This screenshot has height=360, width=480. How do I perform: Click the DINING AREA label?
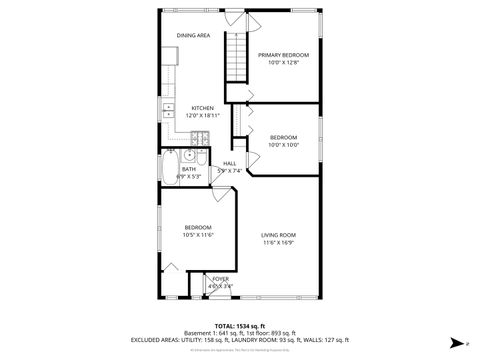tap(193, 36)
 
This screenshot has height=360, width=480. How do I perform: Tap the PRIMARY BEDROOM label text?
tap(283, 55)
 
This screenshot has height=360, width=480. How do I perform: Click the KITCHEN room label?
tap(203, 108)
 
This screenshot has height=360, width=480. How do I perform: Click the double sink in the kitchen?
tap(165, 110)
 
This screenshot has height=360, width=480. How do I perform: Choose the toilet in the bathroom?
tap(200, 158)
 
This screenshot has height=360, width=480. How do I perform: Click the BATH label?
tap(189, 169)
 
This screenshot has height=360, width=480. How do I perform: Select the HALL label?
tap(229, 163)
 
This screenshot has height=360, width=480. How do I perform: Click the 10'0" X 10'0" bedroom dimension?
tap(283, 145)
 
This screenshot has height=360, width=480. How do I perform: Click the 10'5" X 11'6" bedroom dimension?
tap(197, 236)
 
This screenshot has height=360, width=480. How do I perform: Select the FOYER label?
tap(220, 279)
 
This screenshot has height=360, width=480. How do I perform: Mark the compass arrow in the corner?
tap(457, 342)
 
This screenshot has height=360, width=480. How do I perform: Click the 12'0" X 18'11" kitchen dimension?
tap(203, 116)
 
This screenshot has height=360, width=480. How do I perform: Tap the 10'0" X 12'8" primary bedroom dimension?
tap(283, 63)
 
